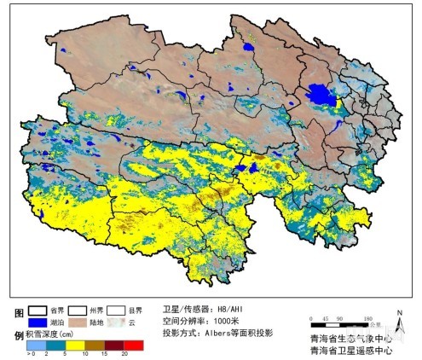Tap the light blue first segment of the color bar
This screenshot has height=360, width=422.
click(34, 344)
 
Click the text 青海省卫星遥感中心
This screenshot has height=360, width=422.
click(351, 350)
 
